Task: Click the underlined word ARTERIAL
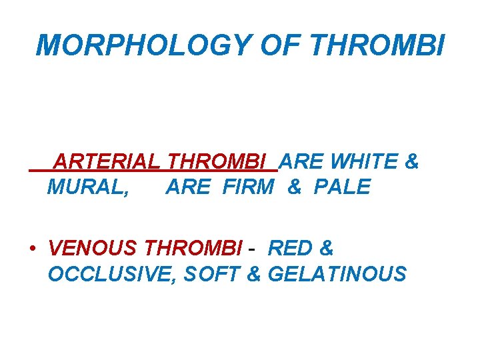click(107, 162)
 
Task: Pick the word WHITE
click(365, 162)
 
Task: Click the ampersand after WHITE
click(412, 162)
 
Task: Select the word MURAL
click(89, 187)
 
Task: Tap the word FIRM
click(247, 187)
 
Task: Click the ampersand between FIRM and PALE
click(294, 187)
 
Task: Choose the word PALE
click(342, 187)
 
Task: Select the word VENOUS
click(93, 249)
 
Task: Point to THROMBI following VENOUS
click(193, 249)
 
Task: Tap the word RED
click(290, 249)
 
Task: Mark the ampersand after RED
click(326, 249)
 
